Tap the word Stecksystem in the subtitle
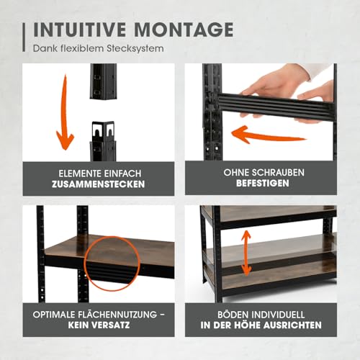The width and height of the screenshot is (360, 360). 136,49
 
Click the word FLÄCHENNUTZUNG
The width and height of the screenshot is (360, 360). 112,315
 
